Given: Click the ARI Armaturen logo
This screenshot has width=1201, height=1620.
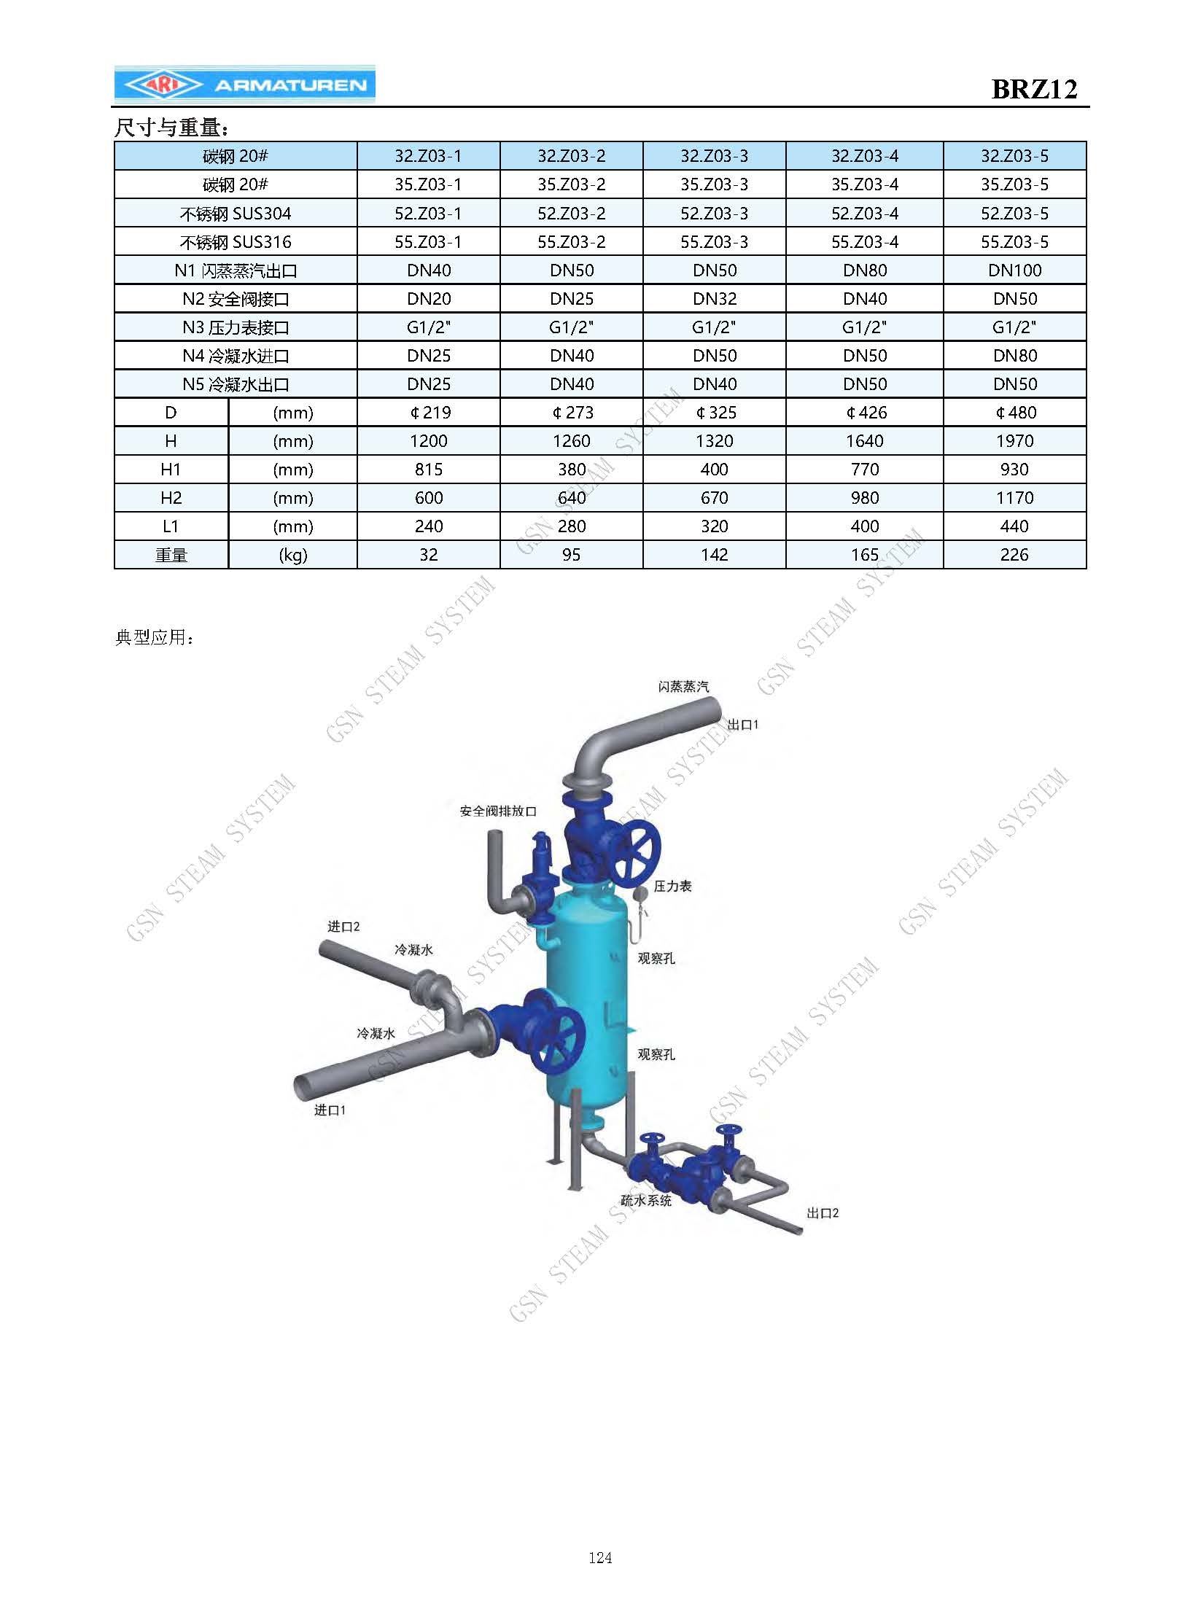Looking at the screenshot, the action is pyautogui.click(x=244, y=85).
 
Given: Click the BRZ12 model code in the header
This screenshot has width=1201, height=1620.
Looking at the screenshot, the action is pyautogui.click(x=1034, y=89).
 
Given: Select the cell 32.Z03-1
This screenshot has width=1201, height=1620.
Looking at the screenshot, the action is pyautogui.click(x=428, y=156).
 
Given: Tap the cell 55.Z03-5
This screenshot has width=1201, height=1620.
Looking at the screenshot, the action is pyautogui.click(x=1014, y=242).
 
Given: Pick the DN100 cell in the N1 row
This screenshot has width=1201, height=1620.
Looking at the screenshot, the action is pyautogui.click(x=1014, y=270).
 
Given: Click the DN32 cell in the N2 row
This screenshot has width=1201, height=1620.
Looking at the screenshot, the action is pyautogui.click(x=714, y=299).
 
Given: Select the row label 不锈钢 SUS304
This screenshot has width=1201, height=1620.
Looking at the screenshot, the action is pyautogui.click(x=236, y=214).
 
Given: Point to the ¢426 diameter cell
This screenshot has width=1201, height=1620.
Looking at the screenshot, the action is pyautogui.click(x=865, y=413).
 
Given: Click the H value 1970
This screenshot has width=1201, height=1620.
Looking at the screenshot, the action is pyautogui.click(x=1014, y=441).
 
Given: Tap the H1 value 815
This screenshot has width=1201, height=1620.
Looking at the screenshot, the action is pyautogui.click(x=428, y=470).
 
